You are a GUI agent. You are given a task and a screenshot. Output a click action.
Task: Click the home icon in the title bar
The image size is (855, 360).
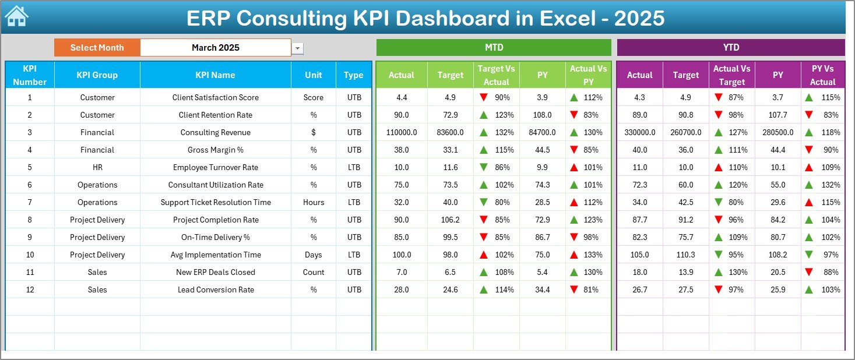coord(16,16)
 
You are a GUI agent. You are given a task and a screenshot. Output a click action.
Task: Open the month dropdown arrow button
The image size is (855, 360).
coord(298,48)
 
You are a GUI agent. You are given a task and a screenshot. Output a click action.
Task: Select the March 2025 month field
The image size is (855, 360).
coord(215,48)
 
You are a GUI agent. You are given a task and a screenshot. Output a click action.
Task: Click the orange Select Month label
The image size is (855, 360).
coord(97,48)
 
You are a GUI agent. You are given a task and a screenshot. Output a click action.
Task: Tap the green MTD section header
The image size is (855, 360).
coord(494,48)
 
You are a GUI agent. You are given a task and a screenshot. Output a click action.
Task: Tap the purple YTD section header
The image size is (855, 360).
coord(730,48)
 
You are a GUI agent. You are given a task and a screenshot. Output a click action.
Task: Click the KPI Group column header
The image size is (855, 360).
coord(97,75)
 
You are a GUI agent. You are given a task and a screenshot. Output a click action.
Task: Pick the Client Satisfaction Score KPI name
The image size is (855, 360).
coord(215,97)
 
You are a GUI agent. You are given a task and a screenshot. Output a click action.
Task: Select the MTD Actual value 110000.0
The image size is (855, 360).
coord(401,132)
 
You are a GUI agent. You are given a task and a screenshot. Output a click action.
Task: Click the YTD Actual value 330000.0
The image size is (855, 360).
coord(639,132)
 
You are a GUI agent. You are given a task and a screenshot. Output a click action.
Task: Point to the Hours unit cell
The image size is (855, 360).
coord(313,202)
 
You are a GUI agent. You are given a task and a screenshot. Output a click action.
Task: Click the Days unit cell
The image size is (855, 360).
coord(313,255)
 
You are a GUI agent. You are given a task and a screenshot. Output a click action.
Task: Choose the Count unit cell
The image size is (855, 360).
coord(313,272)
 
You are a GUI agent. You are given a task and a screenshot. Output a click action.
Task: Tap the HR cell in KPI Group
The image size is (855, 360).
coord(97,167)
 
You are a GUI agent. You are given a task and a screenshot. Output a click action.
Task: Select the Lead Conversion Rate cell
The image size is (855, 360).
coord(215,290)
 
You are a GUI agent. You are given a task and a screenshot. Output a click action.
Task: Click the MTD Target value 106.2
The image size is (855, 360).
coord(450,220)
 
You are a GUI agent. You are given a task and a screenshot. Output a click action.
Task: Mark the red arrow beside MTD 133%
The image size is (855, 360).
coord(574,255)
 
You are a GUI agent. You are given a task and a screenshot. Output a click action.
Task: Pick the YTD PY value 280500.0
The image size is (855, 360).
coord(777,132)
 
